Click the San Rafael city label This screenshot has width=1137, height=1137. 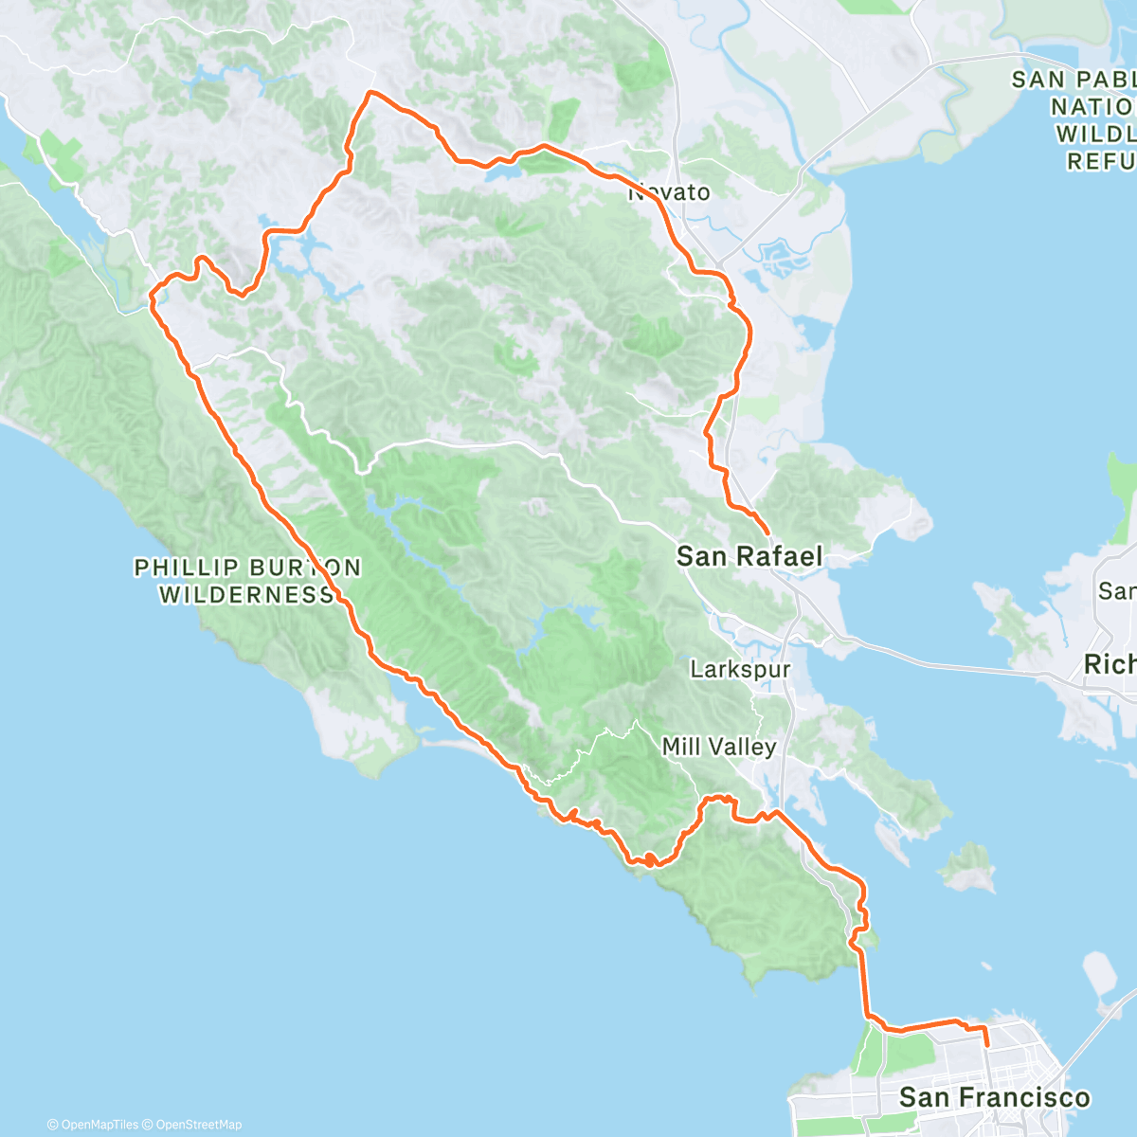(749, 556)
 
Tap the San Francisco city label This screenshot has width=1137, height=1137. (994, 1098)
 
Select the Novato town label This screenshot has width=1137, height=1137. (670, 192)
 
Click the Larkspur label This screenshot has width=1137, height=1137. (740, 670)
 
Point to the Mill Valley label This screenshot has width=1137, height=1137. (719, 747)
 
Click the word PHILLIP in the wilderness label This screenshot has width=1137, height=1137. (186, 568)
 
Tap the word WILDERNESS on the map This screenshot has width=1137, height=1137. (246, 595)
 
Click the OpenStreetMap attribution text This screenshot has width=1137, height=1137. (199, 1125)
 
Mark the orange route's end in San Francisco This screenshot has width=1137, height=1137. (987, 1045)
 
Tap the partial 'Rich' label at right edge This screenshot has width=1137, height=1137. (1110, 664)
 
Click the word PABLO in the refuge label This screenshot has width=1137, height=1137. (1116, 80)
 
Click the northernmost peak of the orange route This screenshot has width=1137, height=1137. (370, 92)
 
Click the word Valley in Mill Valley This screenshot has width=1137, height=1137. (745, 747)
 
